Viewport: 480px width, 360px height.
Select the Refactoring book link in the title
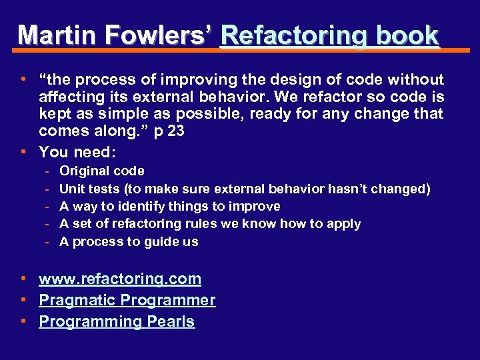[x=329, y=35]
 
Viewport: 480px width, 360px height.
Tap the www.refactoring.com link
[x=120, y=279]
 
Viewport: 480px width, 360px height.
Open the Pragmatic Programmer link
[x=127, y=300]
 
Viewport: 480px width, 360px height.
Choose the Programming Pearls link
[x=117, y=321]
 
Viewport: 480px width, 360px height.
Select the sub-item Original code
[x=101, y=171]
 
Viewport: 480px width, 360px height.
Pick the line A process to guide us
[x=129, y=241]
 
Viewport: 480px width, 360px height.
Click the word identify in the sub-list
[x=147, y=206]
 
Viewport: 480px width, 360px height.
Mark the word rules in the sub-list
[x=201, y=224]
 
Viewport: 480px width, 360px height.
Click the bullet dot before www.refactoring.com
[x=23, y=278]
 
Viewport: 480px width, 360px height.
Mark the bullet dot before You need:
[x=23, y=151]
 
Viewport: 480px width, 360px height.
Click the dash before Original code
[x=48, y=171]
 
